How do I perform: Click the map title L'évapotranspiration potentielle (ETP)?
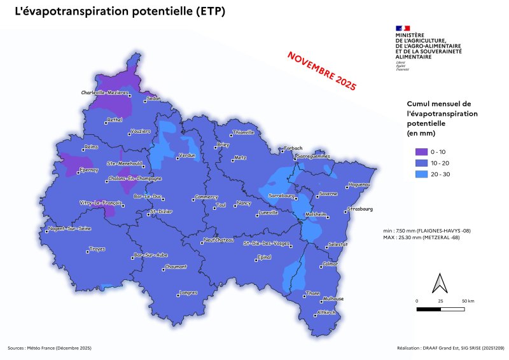(119, 12)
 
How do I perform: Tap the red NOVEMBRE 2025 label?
(322, 69)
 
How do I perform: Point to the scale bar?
(440, 309)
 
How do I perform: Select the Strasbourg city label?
(359, 209)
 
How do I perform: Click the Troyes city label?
(97, 248)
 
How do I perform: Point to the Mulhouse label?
(333, 299)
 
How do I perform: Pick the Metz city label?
(240, 157)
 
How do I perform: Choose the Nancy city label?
(243, 203)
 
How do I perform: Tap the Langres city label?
(188, 293)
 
